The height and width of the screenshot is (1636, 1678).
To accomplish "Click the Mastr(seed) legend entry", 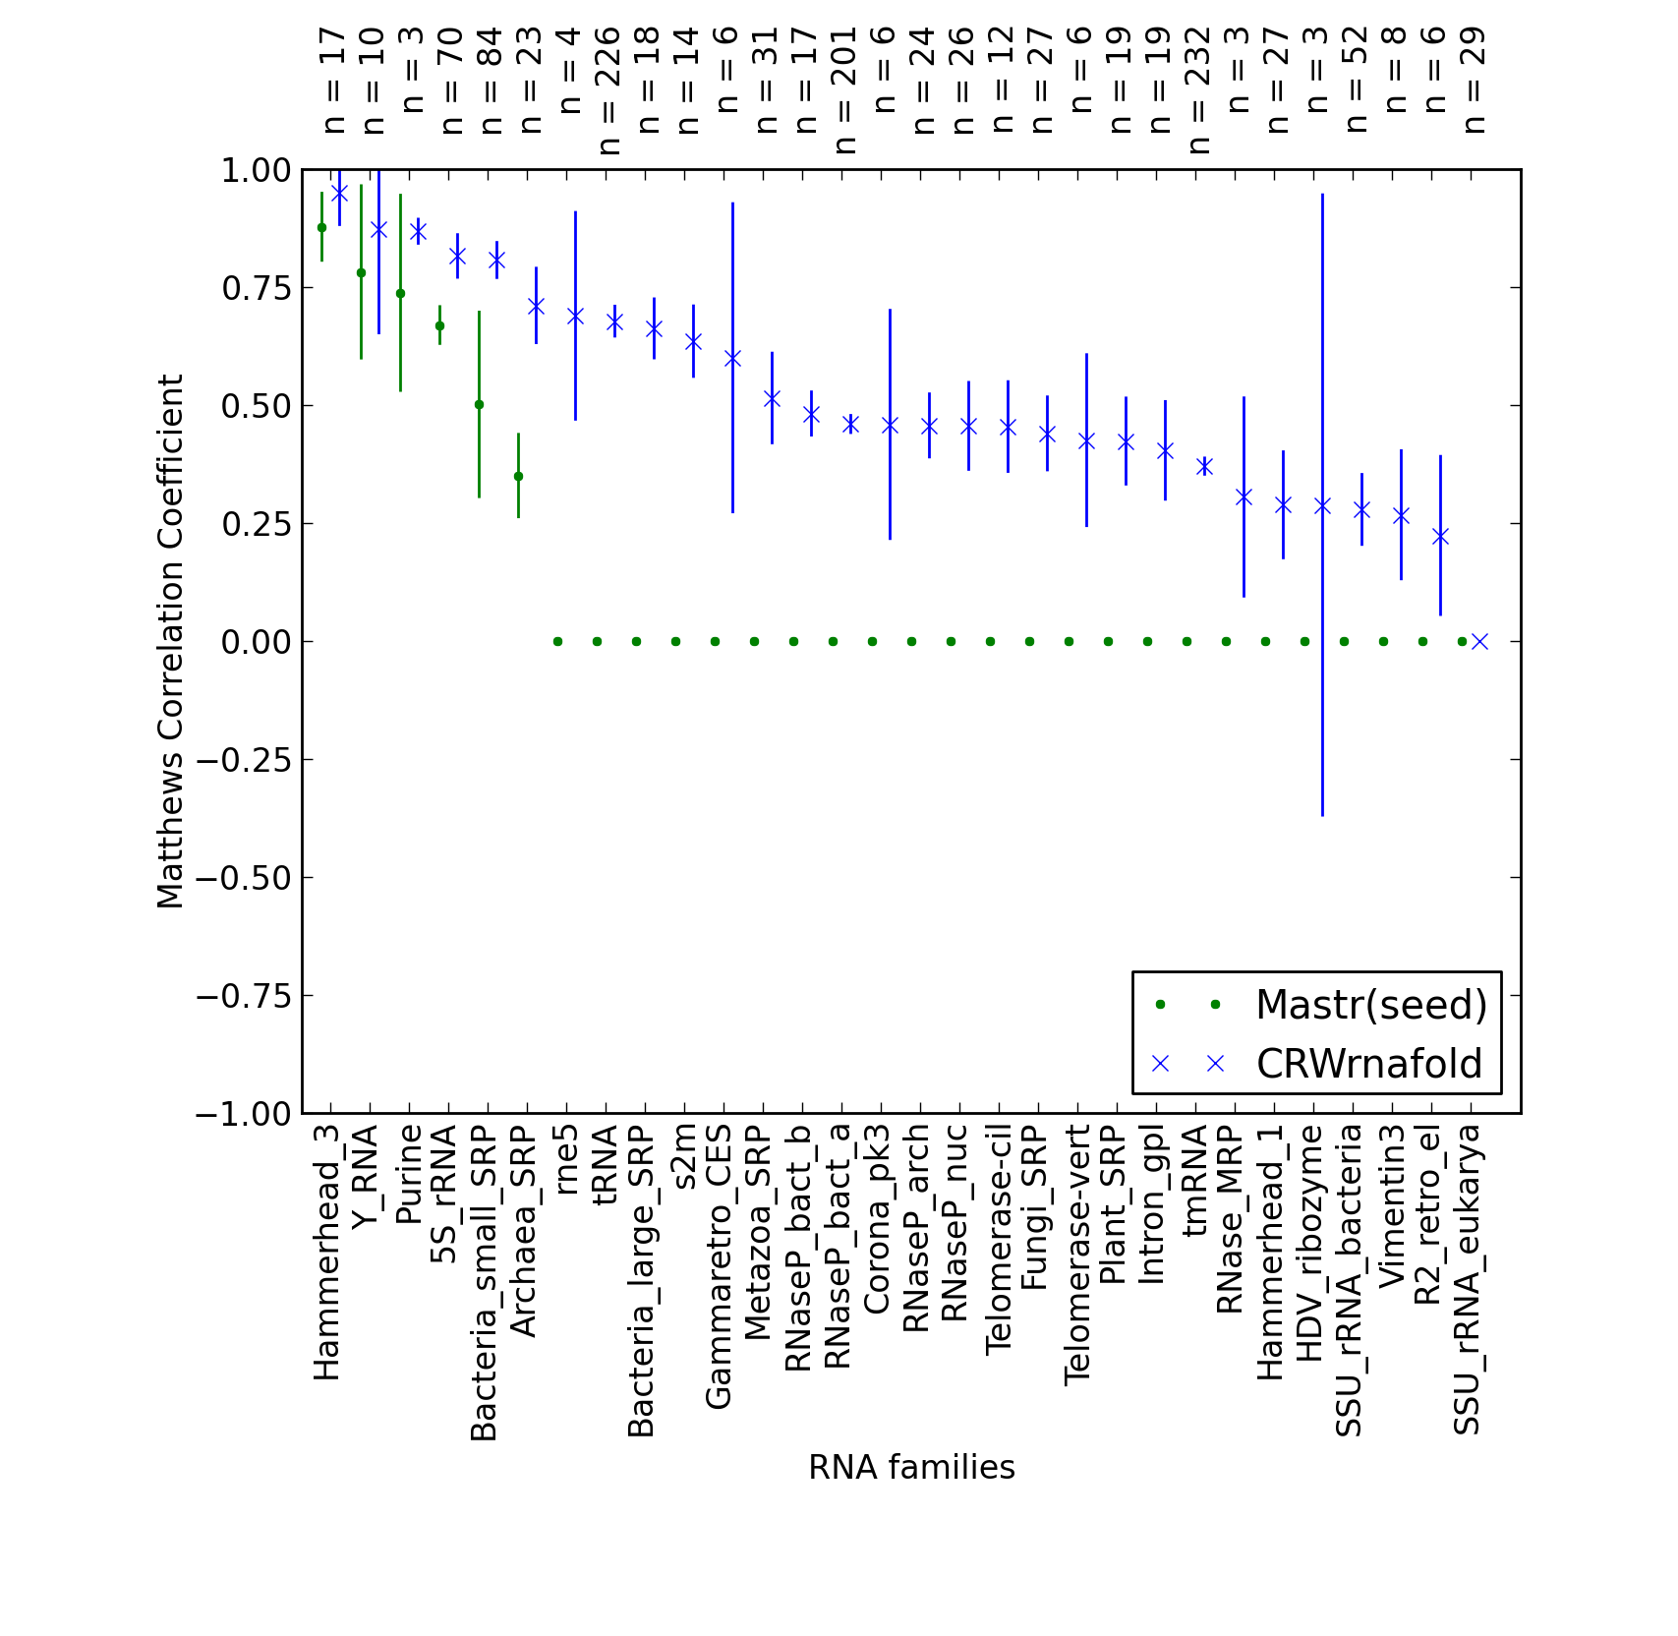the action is [1322, 1005].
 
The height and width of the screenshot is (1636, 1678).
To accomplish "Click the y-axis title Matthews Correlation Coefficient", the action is [170, 641].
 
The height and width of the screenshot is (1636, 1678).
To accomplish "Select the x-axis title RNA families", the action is [911, 1468].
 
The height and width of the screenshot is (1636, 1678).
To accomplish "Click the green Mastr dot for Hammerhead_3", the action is [321, 227].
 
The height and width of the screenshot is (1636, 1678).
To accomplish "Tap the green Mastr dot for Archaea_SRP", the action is [518, 476].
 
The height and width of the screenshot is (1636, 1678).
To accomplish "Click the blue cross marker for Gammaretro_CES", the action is [732, 358].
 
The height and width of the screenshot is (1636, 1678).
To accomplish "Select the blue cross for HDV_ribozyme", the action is [1322, 505].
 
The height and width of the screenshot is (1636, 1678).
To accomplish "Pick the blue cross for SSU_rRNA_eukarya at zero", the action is [1479, 641].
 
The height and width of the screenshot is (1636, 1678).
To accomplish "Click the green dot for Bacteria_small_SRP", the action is [479, 404].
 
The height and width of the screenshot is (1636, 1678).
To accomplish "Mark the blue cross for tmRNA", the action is [1204, 466].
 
